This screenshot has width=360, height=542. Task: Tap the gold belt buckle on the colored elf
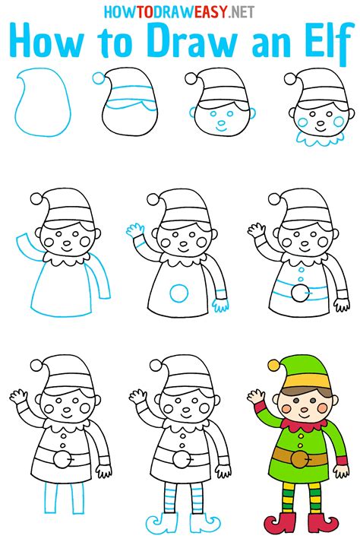click(x=300, y=458)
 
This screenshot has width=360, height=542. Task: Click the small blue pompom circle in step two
click(x=97, y=78)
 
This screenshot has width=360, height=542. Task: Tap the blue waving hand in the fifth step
click(x=137, y=230)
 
